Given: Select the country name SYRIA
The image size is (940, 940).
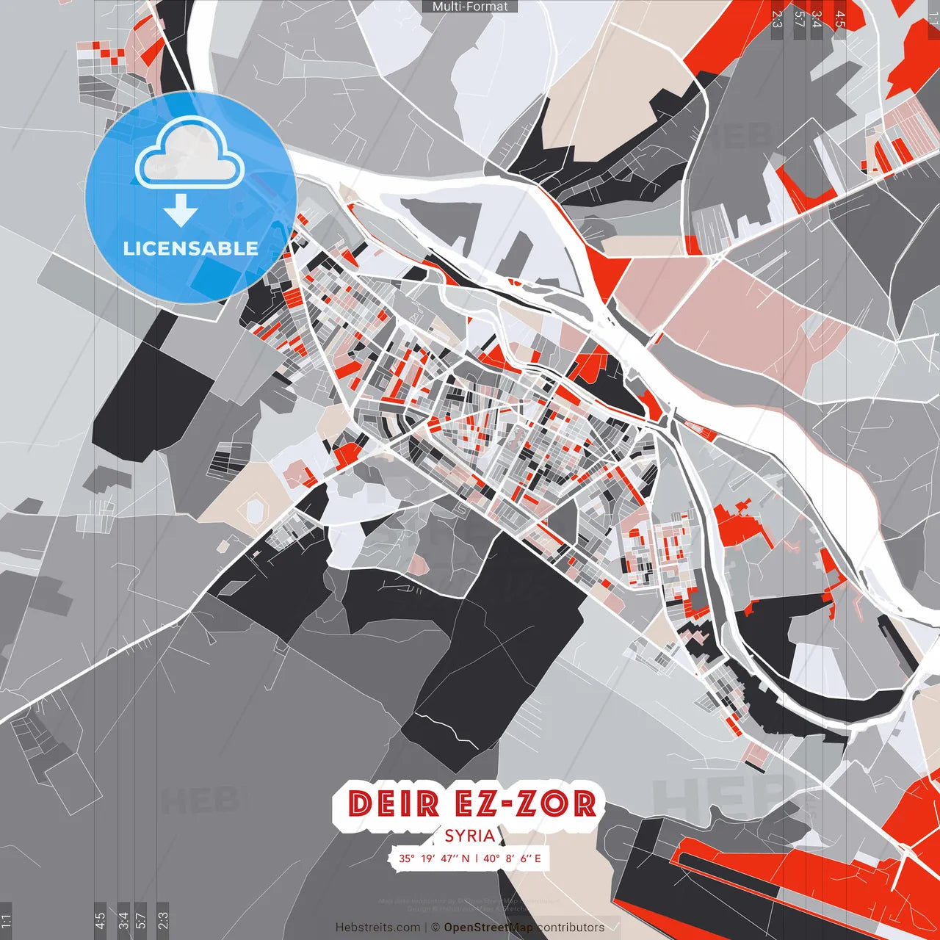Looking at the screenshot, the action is click(470, 836).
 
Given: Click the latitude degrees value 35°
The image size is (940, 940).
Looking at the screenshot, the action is click(407, 858).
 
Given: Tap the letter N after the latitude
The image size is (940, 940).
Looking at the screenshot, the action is click(465, 858).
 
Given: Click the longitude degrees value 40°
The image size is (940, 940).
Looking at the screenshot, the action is click(491, 858).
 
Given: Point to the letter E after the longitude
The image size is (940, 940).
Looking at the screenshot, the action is click(538, 858).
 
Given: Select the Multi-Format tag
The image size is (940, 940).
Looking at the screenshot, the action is click(470, 7).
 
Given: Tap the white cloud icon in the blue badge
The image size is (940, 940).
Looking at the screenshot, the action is click(190, 153).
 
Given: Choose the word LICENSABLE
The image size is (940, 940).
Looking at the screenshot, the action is click(191, 248).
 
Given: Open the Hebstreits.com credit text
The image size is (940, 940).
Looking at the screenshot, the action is click(377, 928).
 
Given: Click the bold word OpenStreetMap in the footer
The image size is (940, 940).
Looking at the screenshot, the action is click(488, 928).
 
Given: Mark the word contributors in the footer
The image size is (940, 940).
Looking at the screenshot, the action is click(571, 928).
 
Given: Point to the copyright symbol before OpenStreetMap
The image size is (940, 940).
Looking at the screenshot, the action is click(435, 928).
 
